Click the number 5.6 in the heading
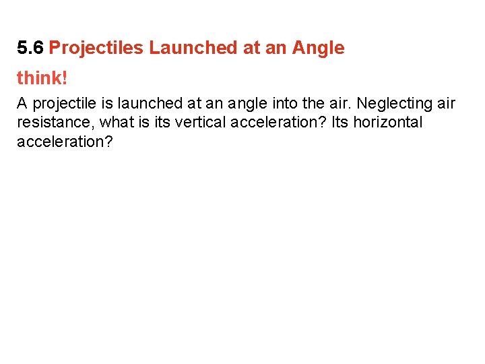30,48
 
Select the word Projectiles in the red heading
96,48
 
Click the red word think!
42,78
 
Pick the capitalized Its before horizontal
341,123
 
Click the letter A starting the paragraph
22,104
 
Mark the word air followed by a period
341,104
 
